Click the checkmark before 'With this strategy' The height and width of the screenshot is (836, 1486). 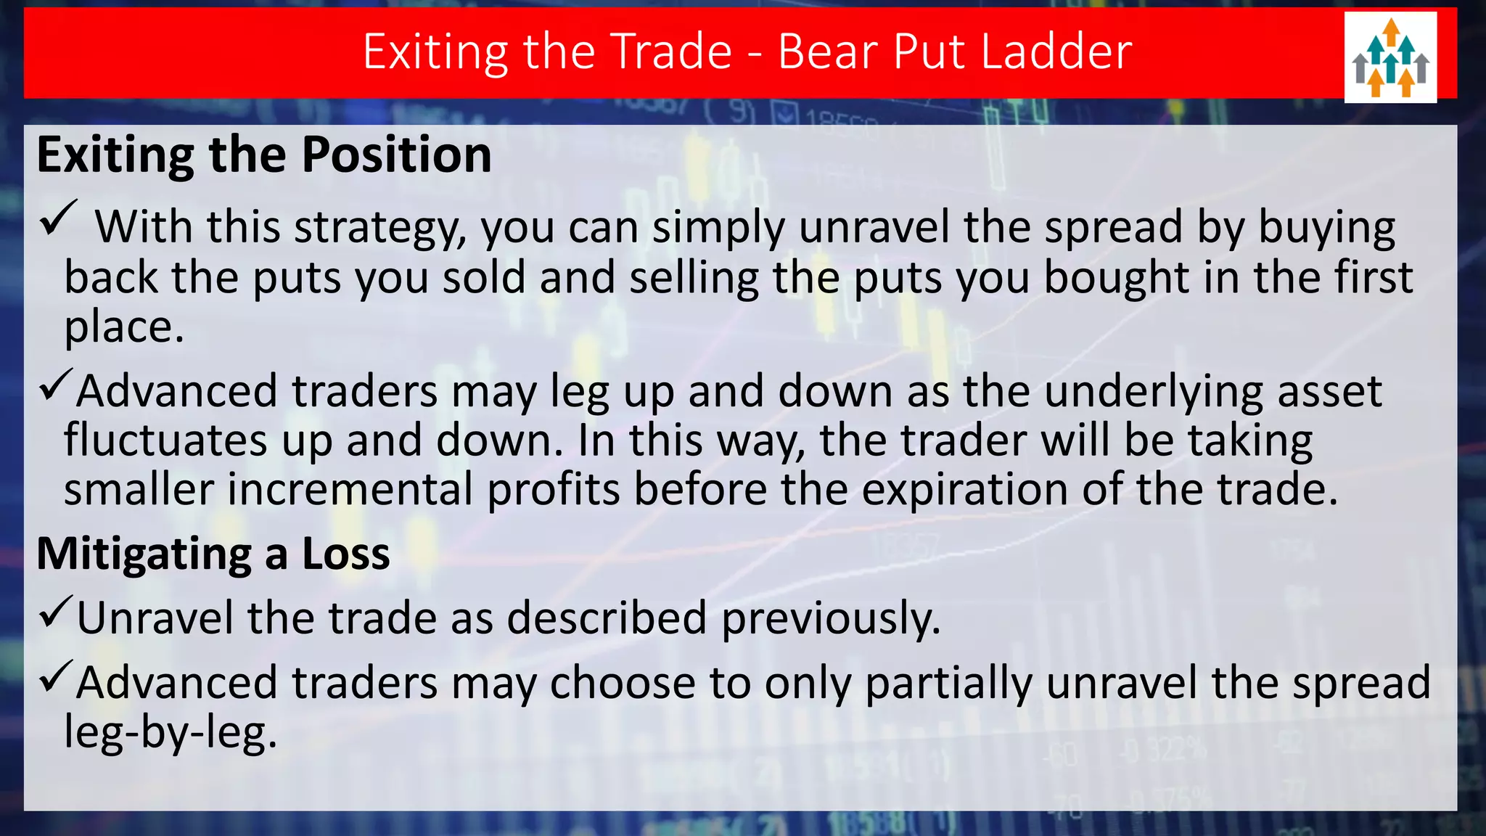[58, 218]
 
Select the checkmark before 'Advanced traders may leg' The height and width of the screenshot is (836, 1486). [55, 384]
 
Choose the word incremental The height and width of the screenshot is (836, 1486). [350, 489]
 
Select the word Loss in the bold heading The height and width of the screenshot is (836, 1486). [345, 554]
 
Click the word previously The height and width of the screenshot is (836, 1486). [830, 619]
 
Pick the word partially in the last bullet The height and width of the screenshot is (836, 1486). [948, 684]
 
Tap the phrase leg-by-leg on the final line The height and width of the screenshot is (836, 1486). [171, 732]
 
